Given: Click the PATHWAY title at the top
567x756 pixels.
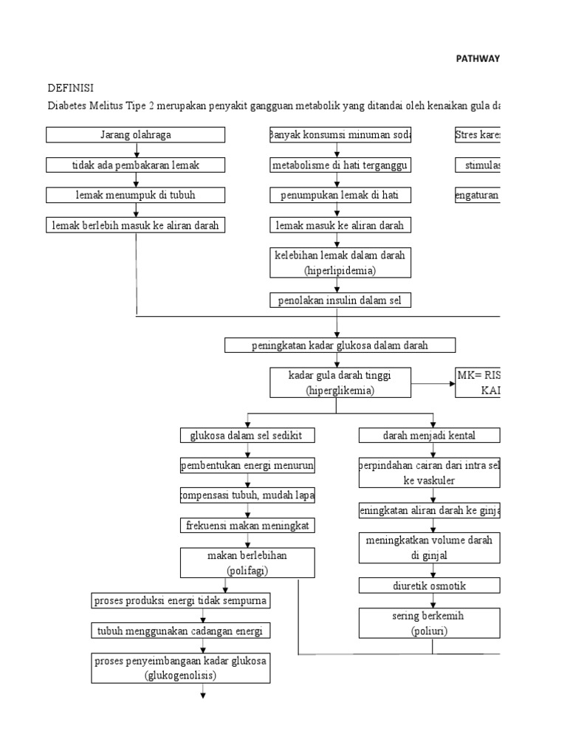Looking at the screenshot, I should tap(477, 59).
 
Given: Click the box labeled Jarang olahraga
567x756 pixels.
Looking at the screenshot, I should tap(136, 134).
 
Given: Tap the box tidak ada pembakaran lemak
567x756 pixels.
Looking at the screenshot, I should tap(136, 165).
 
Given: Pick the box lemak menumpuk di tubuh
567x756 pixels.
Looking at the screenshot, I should tap(136, 195).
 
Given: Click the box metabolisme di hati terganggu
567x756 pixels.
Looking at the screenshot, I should tap(340, 165).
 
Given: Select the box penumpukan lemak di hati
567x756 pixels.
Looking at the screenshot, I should tap(340, 195).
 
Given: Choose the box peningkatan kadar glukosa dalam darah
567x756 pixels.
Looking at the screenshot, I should tap(340, 346).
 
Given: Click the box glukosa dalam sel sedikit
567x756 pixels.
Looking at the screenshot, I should tap(247, 436).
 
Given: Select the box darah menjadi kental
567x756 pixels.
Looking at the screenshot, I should tap(429, 436).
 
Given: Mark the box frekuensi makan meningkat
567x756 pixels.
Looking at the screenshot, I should tap(247, 526).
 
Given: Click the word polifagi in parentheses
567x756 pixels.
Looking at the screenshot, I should tap(247, 571).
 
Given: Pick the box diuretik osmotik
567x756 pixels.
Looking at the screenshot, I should tap(429, 585).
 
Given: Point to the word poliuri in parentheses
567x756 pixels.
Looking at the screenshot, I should tap(429, 631).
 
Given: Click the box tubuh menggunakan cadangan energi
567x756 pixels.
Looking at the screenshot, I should tap(180, 631).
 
